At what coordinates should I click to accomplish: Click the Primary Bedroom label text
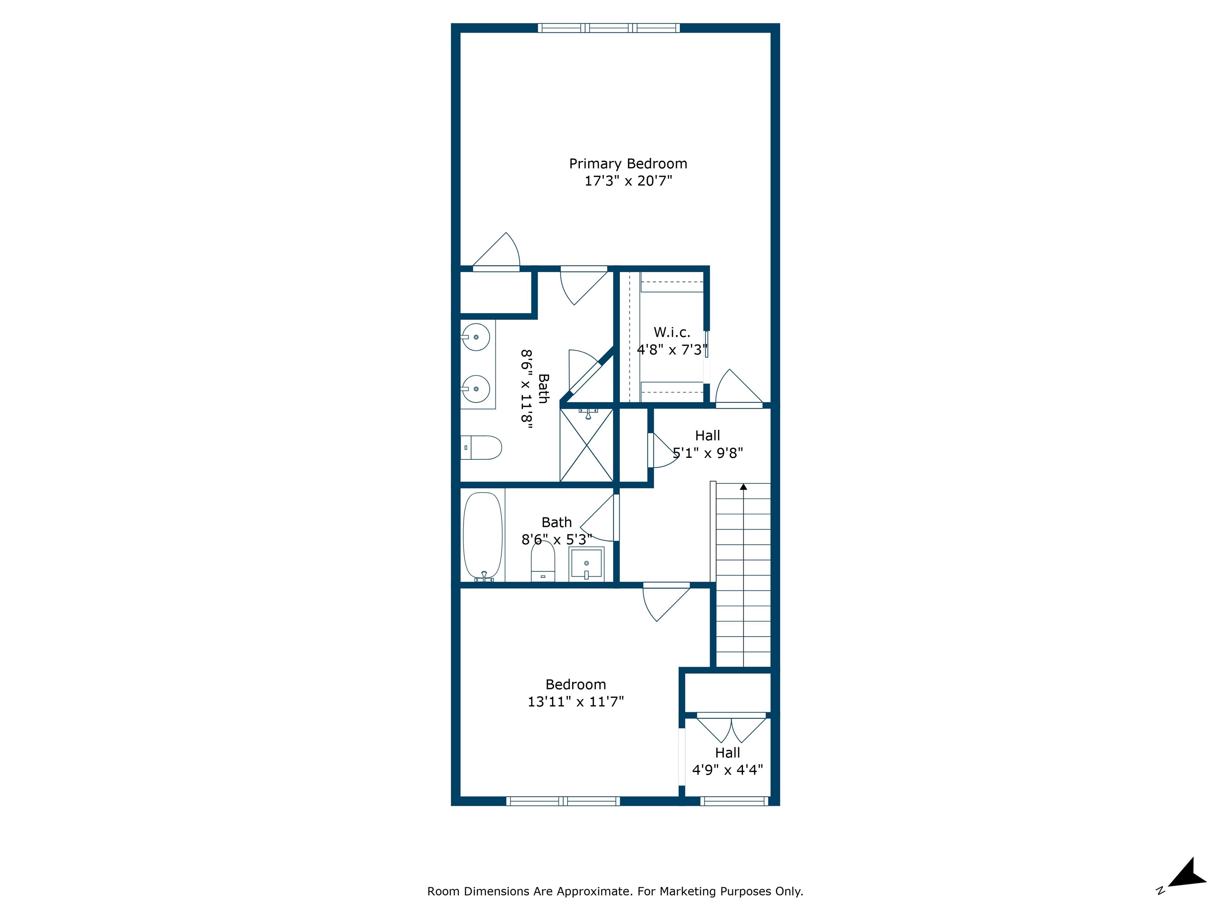point(628,163)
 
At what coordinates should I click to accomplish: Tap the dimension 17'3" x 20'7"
point(628,181)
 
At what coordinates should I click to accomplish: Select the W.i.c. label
point(672,332)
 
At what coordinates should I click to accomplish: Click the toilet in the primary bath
point(482,447)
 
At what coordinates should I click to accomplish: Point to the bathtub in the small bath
point(482,535)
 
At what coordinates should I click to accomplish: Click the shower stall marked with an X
point(587,445)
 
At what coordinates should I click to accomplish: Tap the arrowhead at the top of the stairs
point(743,487)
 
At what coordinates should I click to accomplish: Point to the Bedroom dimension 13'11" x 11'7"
point(575,701)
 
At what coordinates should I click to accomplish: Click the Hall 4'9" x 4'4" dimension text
point(727,770)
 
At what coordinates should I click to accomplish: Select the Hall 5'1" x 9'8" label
point(707,435)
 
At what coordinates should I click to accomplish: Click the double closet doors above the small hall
point(731,729)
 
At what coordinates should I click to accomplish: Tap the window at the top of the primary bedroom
point(609,28)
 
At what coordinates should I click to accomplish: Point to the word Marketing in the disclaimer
point(688,891)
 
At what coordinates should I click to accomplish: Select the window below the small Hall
point(734,801)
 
